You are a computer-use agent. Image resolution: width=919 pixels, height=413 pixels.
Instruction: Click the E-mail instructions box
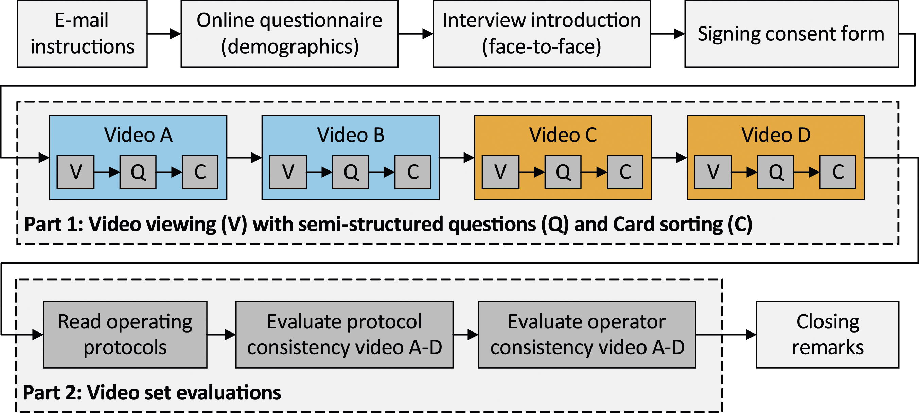tap(82, 34)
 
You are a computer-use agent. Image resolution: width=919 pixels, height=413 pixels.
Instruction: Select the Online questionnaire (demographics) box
tap(289, 34)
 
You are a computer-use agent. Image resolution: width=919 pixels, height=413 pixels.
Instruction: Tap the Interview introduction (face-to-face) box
tap(542, 34)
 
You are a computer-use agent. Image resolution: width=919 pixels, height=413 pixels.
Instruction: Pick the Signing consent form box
tap(791, 34)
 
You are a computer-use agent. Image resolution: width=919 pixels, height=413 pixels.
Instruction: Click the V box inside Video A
tap(76, 172)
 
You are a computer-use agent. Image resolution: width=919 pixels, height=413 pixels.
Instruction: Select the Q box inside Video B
tap(350, 172)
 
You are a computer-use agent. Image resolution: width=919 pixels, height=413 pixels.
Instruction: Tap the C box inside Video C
tap(625, 172)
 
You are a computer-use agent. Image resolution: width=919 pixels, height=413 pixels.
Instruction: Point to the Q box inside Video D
tap(776, 172)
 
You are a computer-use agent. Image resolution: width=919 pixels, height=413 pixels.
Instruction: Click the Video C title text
tap(563, 135)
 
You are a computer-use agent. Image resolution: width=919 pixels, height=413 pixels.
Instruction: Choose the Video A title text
tap(138, 135)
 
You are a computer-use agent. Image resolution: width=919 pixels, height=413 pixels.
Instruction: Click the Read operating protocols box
tap(125, 335)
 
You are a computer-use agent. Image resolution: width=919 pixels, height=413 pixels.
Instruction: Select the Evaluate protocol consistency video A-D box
tap(344, 335)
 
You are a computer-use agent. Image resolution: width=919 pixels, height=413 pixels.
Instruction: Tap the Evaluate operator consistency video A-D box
tap(587, 335)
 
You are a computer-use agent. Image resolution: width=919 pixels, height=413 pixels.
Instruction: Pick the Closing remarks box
tap(828, 335)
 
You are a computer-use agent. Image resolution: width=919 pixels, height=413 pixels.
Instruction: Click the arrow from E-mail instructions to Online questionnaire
tap(164, 34)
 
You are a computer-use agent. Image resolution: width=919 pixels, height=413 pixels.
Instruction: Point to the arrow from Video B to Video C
tap(457, 157)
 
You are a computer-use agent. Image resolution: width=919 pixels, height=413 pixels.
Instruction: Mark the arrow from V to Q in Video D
tap(744, 172)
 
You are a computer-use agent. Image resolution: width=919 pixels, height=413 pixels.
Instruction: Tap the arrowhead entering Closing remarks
tap(750, 335)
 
